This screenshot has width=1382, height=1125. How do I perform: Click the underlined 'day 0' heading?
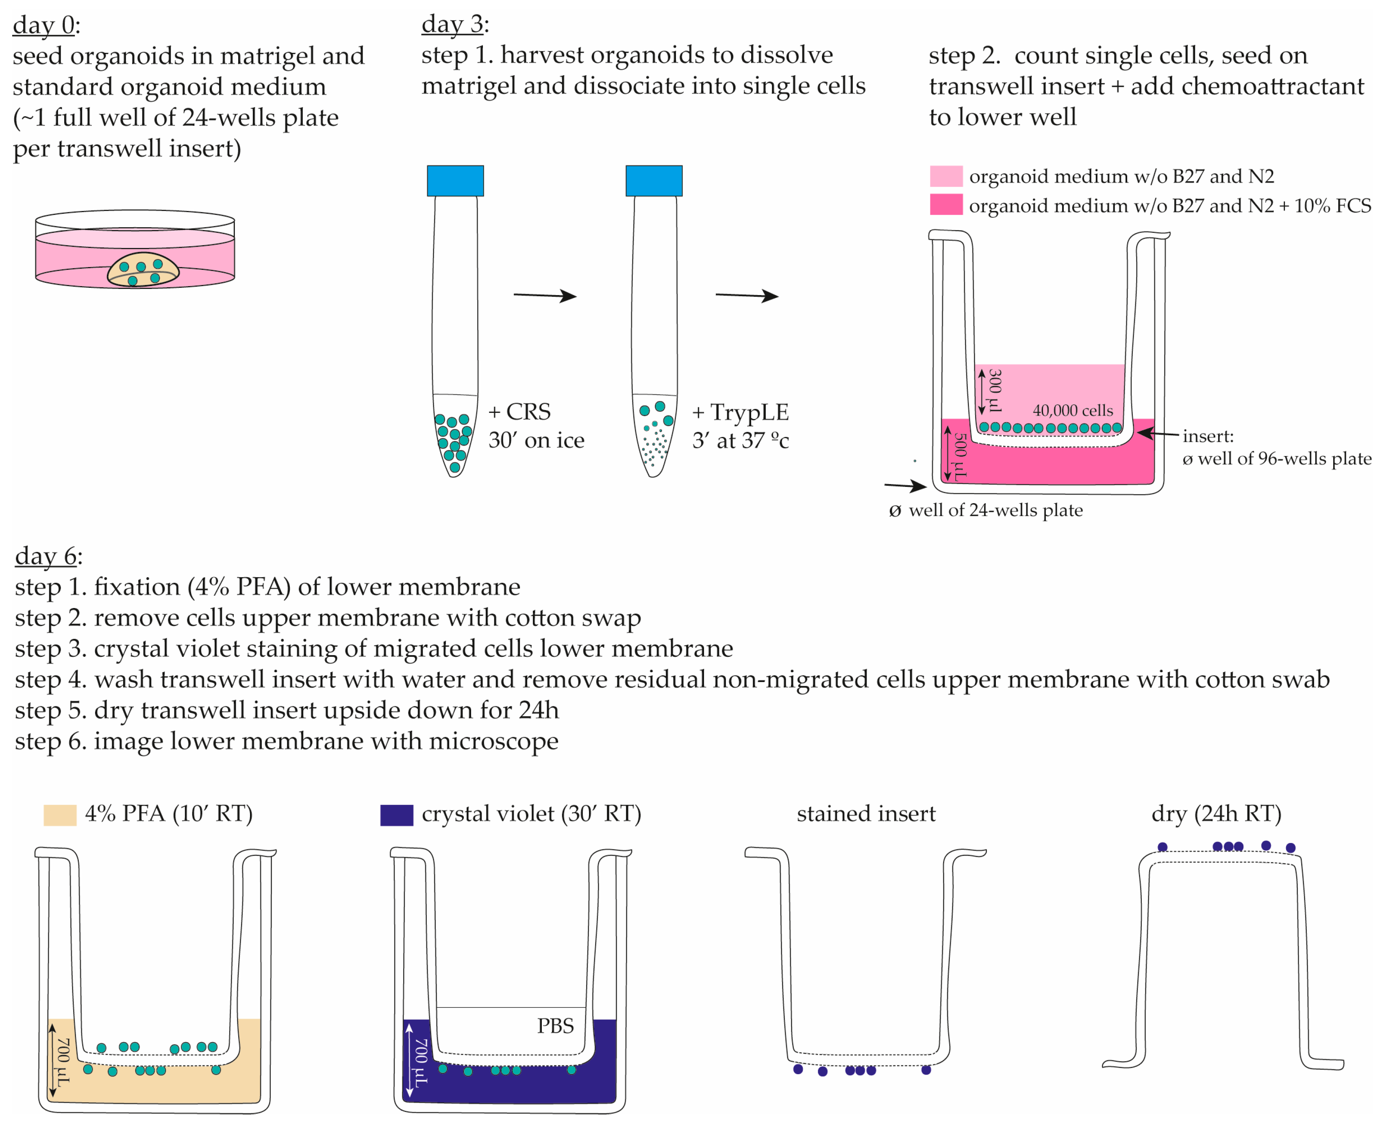(x=43, y=25)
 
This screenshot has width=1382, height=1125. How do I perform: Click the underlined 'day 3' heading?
(x=452, y=24)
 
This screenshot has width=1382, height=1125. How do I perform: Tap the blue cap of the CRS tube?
(x=455, y=180)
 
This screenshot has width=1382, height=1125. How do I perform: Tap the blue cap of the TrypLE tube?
(x=654, y=180)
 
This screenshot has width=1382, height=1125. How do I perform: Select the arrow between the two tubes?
(x=545, y=295)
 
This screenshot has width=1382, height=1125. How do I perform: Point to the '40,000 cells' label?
(x=1072, y=410)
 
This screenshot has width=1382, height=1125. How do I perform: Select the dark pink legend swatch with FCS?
(x=946, y=205)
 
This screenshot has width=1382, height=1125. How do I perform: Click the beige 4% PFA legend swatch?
(x=60, y=814)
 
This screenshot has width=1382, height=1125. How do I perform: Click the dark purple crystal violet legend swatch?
(x=396, y=814)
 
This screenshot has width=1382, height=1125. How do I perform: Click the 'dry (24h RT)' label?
(x=1216, y=813)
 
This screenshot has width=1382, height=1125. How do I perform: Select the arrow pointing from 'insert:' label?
(x=1157, y=434)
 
